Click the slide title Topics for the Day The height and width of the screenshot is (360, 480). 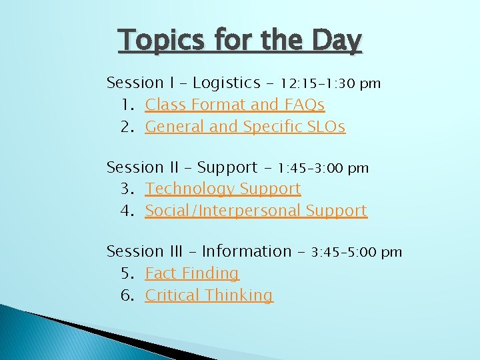point(240,41)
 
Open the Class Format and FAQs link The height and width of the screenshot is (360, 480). point(235,105)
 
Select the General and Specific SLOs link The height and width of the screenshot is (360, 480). point(245,127)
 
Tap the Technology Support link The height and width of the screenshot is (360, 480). point(223,189)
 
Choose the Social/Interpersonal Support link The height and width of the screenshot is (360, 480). point(256,211)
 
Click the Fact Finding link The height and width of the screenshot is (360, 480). point(192,273)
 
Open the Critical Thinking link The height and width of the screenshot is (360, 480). point(209,295)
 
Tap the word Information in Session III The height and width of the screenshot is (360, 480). point(247,251)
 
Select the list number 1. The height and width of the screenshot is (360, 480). point(127,105)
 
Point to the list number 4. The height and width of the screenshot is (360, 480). point(127,211)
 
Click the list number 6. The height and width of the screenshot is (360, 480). point(127,295)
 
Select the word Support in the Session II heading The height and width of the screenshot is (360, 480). point(227,167)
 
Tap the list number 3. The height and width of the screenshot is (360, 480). point(127,189)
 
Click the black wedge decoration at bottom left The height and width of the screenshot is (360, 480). point(100,333)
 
